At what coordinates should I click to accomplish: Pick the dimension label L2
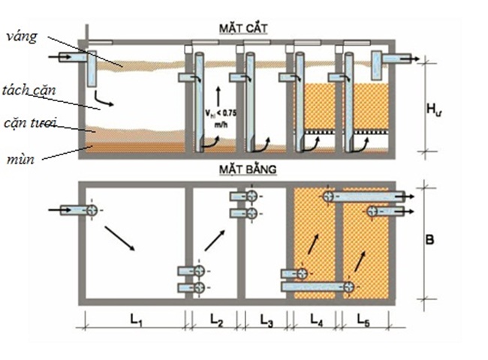(x=216, y=320)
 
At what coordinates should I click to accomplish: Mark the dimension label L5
(x=366, y=320)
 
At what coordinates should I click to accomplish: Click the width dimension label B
(x=430, y=241)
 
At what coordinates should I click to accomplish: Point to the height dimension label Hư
(x=433, y=109)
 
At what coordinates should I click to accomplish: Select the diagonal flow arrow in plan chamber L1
(x=120, y=241)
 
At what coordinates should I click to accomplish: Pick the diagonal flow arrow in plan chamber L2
(x=215, y=240)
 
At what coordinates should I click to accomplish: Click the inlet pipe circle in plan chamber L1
(x=91, y=211)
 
